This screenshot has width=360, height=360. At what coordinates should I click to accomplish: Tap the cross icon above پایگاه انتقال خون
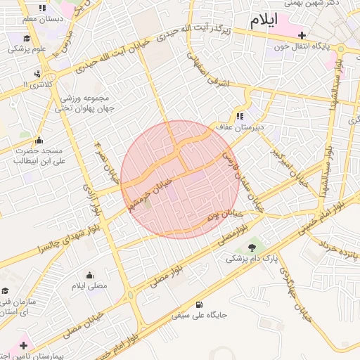pyautogui.click(x=302, y=34)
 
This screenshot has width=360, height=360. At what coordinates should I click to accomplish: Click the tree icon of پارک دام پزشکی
pyautogui.click(x=252, y=246)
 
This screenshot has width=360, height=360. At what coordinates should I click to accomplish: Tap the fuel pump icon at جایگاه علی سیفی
pyautogui.click(x=200, y=305)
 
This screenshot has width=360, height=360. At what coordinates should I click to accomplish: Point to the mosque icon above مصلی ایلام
pyautogui.click(x=89, y=275)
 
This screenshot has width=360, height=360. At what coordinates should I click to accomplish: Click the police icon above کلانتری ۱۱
pyautogui.click(x=37, y=73)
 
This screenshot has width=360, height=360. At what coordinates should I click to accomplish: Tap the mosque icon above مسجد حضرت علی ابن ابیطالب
pyautogui.click(x=39, y=140)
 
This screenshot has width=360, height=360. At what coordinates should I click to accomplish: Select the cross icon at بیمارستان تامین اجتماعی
pyautogui.click(x=24, y=345)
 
